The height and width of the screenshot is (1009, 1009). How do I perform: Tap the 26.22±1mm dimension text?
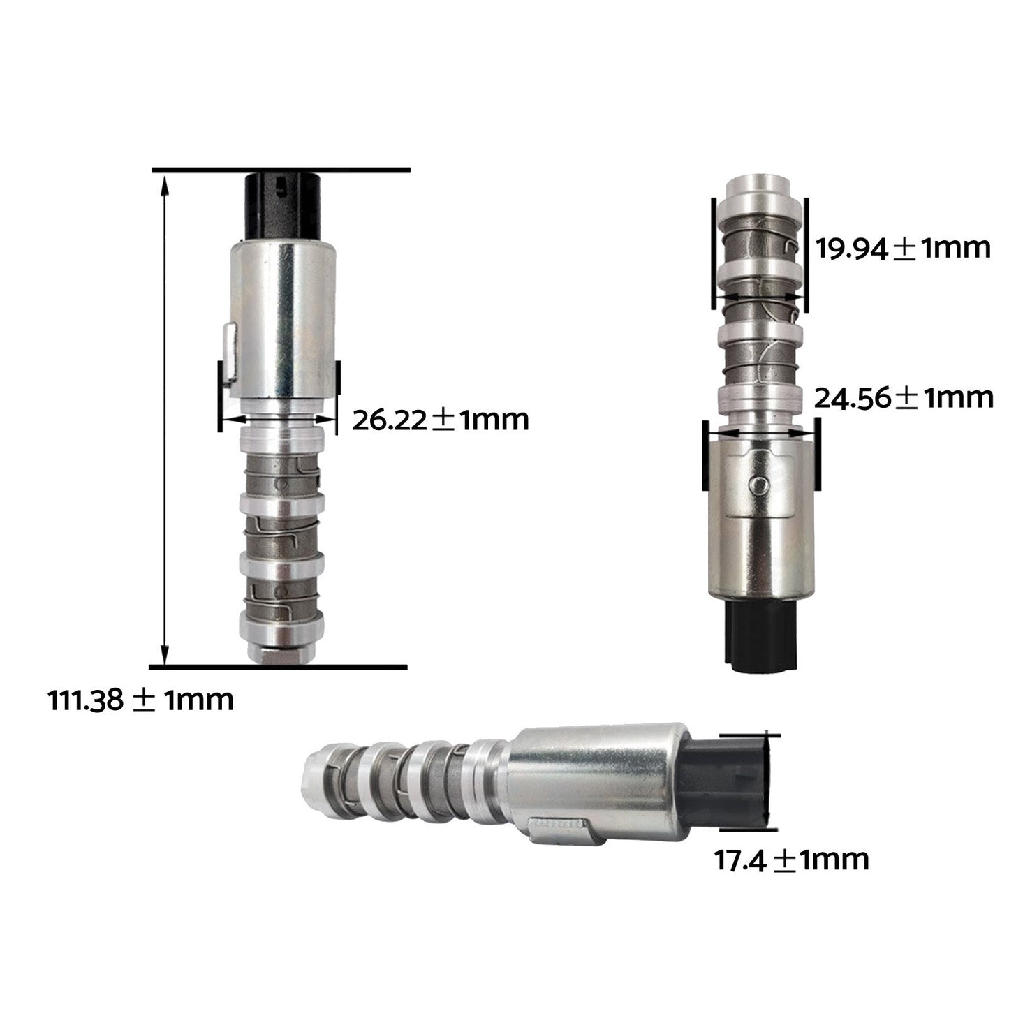tap(440, 420)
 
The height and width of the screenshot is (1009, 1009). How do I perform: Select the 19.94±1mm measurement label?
tap(903, 248)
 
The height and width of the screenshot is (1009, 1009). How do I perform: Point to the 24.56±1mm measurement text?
tap(904, 397)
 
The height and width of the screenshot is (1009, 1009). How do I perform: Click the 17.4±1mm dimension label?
tap(790, 860)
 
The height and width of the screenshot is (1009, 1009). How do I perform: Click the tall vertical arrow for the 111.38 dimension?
tap(165, 419)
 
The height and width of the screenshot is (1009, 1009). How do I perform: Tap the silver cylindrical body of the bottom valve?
tap(594, 775)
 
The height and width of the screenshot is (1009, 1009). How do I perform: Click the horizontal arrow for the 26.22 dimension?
tap(278, 420)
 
